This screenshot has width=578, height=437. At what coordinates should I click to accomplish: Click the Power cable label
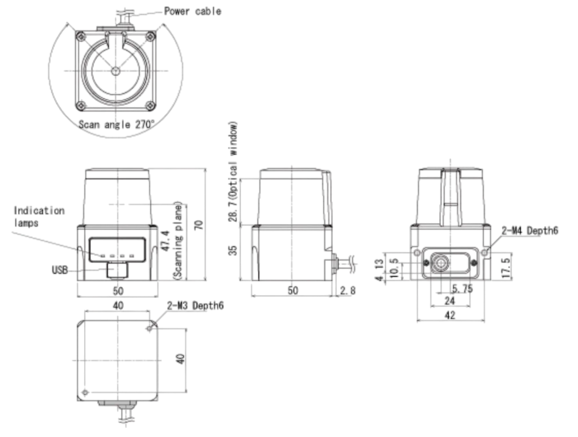(x=192, y=11)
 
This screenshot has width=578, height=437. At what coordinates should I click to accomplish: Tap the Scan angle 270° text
(x=117, y=124)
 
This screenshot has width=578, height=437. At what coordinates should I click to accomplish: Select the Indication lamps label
(x=39, y=216)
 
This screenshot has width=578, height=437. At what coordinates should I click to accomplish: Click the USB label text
(x=60, y=270)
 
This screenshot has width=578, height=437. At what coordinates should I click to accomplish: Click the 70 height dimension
(x=199, y=225)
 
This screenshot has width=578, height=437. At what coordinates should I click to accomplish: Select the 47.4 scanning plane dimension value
(x=166, y=241)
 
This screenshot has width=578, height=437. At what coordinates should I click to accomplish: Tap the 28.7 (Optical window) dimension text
(x=233, y=171)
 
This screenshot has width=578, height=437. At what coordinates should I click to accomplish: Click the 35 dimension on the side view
(x=233, y=250)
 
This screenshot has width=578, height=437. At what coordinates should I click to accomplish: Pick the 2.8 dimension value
(x=348, y=291)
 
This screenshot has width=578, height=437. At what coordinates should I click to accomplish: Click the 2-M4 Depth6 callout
(x=530, y=230)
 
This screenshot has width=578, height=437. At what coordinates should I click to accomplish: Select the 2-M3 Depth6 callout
(x=196, y=305)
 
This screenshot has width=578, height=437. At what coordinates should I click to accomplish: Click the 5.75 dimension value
(x=462, y=289)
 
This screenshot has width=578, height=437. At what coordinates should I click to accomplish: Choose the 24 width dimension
(x=450, y=301)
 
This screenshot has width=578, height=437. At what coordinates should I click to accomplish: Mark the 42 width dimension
(x=450, y=315)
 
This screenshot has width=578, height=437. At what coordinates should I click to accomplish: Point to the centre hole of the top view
(x=115, y=71)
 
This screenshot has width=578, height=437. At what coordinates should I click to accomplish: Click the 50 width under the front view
(x=118, y=291)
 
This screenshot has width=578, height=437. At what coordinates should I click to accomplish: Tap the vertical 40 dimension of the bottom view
(x=181, y=359)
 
